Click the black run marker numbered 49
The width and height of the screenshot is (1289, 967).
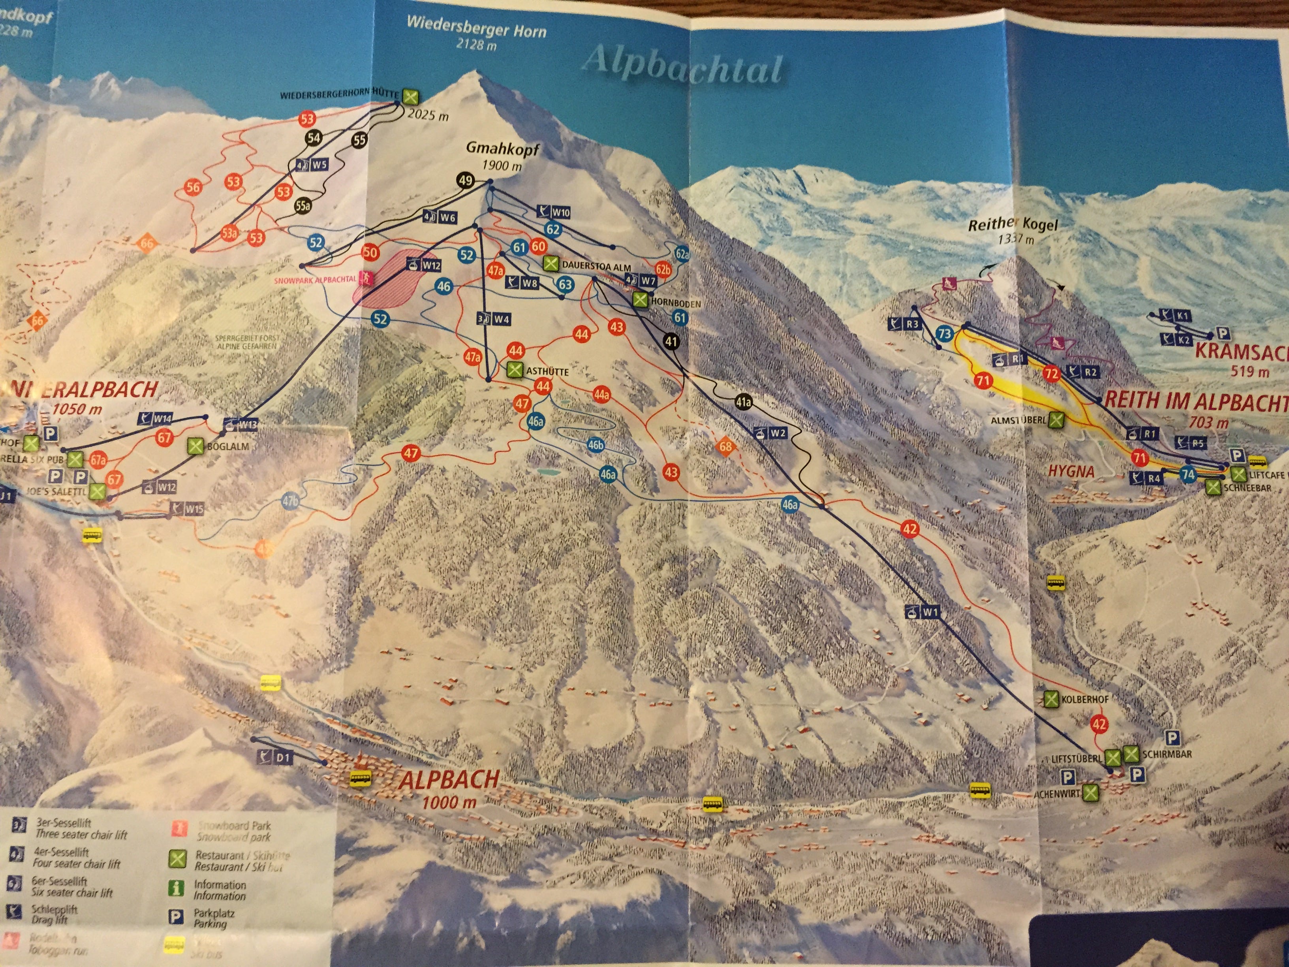point(465,180)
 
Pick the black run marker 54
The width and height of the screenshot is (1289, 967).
point(314,138)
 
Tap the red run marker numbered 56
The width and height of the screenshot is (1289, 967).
point(193,187)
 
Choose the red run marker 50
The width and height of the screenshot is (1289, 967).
point(370,252)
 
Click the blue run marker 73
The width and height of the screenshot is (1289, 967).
point(944,334)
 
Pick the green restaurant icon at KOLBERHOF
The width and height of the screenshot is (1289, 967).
point(1050,699)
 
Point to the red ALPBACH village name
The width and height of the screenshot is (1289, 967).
point(449,779)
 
